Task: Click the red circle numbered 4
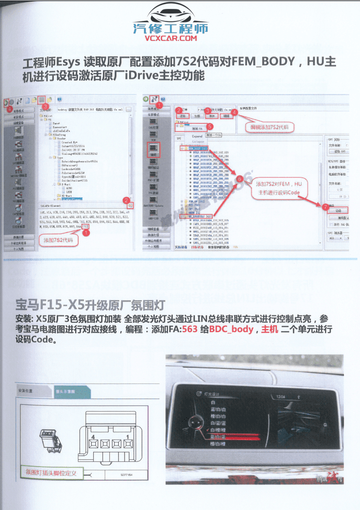pos(234,111)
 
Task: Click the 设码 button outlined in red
pos(337,211)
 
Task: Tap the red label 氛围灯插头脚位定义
pos(51,472)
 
